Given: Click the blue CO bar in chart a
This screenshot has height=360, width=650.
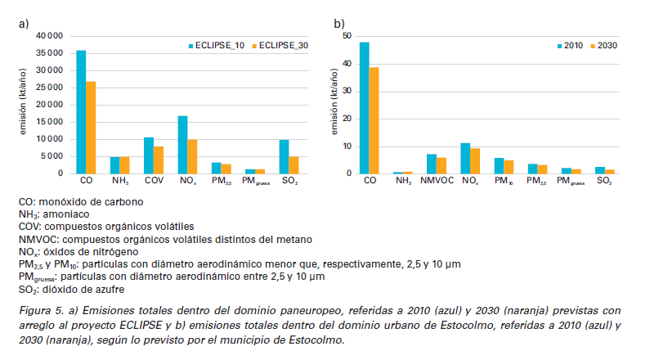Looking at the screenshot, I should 81,112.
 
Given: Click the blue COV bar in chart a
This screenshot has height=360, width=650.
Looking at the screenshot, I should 148,155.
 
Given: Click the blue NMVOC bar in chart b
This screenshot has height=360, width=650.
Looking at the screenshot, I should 432,164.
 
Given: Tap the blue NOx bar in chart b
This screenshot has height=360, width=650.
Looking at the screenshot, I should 465,159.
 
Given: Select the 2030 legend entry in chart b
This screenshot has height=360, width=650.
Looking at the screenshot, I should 604,46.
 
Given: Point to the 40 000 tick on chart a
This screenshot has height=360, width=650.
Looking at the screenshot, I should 48,36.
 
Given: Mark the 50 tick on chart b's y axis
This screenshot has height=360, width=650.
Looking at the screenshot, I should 347,36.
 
